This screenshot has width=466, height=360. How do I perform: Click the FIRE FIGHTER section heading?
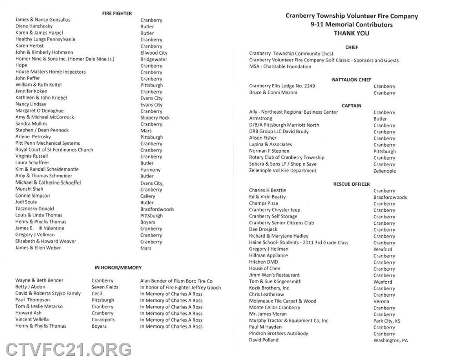pos(117,14)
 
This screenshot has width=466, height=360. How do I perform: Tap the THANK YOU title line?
pos(351,33)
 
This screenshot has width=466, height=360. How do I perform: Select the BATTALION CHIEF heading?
pos(351,80)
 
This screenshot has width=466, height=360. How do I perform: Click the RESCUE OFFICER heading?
pos(351,184)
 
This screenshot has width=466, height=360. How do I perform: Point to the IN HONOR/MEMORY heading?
pos(118,268)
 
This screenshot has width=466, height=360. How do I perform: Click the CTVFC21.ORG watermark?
pos(69,350)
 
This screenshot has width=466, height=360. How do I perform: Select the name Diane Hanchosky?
pos(34,26)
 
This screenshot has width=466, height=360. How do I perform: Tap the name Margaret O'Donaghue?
pos(40,111)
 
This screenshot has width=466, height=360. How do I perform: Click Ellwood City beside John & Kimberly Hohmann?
pos(154,53)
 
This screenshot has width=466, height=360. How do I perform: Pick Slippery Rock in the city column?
pos(155,118)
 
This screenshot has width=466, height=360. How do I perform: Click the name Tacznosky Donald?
pos(35,208)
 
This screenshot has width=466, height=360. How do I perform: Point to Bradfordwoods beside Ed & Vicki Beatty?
pos(390,198)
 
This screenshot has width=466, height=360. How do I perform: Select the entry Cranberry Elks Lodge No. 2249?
pos(282,86)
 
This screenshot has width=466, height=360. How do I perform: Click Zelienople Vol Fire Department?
pos(283,171)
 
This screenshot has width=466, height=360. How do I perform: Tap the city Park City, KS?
pos(387,321)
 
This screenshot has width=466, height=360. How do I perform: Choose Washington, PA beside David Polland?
pos(390,340)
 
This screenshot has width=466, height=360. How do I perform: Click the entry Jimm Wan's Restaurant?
pos(274,275)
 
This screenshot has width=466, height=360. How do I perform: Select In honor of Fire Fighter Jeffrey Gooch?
pos(180,287)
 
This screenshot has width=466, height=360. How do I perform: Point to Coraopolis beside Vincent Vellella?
pos(103,320)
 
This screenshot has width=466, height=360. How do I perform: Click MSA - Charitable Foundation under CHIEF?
pos(280,66)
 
